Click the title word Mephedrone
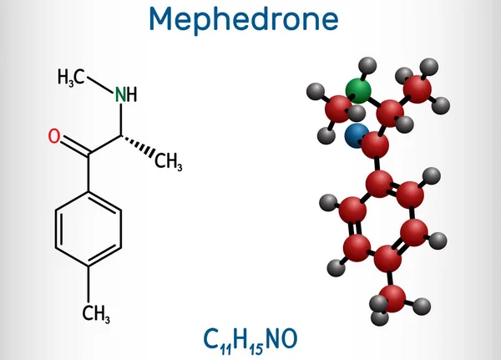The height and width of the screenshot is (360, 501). pos(244,20)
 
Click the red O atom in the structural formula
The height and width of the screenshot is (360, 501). pos(54,136)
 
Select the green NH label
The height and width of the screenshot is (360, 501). pos(126,94)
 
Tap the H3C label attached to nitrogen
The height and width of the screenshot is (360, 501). pos(71,77)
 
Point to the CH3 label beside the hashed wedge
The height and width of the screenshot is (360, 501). pos(169,161)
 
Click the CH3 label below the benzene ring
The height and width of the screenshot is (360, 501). pos(96,313)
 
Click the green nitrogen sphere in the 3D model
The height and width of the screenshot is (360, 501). pos(358,90)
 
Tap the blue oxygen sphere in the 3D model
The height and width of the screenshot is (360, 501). pos(357,136)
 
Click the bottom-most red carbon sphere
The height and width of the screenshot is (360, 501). pos(392,299)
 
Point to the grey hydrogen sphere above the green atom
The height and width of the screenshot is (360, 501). pos(367,66)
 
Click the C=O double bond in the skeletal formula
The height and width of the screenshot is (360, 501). pos(75,146)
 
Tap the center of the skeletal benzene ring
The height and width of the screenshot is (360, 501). pos(89,229)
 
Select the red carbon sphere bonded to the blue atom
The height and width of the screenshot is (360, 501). pos(375,145)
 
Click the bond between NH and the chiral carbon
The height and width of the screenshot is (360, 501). pos(121,119)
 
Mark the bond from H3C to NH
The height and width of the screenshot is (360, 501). pos(100,85)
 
